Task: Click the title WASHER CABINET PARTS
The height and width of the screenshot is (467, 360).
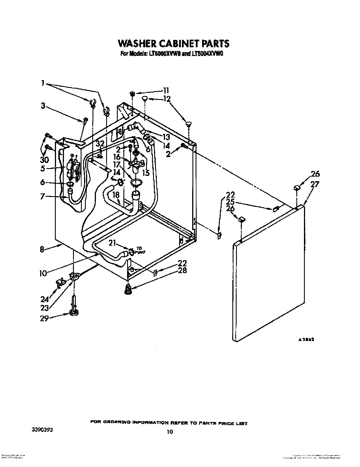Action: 173,43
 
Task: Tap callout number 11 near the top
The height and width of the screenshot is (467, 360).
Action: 166,91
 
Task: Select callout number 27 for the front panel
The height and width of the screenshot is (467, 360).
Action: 314,185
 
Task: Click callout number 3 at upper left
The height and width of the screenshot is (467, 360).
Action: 43,106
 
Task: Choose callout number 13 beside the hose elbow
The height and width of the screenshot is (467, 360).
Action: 166,137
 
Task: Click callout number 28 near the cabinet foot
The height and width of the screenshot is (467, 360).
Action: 183,270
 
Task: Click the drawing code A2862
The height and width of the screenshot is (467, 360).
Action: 306,340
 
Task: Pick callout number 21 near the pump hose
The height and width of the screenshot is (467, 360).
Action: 113,242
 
